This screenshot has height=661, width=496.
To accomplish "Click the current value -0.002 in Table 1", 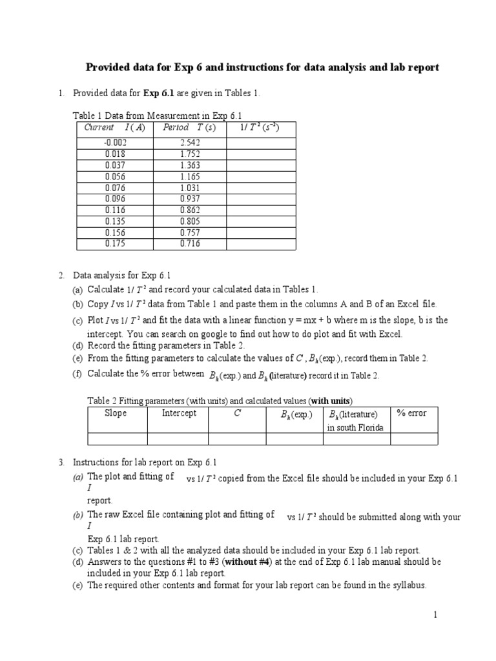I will click(x=116, y=143).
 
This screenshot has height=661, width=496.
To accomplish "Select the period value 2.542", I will click(x=191, y=143).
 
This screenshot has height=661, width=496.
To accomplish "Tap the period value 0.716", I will click(x=191, y=243).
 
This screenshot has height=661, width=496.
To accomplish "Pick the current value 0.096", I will click(x=116, y=199).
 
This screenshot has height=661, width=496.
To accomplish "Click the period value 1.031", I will click(x=191, y=188).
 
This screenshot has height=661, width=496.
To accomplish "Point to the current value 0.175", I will click(x=116, y=243).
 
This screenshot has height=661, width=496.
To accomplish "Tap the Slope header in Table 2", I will click(x=116, y=413).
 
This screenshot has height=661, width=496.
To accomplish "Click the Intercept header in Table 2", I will click(x=179, y=413).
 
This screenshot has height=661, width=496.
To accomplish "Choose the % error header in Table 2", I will click(x=411, y=413).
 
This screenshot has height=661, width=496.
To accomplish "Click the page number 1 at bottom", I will click(x=436, y=616).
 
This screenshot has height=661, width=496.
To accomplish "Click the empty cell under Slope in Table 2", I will click(x=117, y=439).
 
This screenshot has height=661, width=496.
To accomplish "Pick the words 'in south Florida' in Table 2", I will click(x=356, y=427).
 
